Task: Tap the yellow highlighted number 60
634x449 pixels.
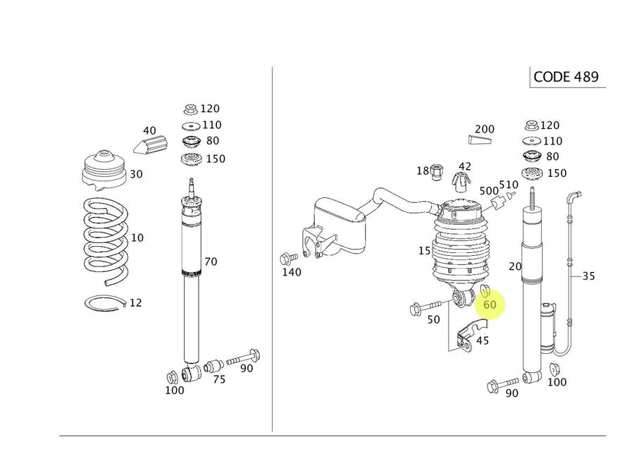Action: pos(490,305)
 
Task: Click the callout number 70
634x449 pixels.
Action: pos(211,262)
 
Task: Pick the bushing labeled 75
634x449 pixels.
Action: pos(213,366)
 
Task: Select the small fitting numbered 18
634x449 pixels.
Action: pos(437,172)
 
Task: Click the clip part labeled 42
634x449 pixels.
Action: pos(461,181)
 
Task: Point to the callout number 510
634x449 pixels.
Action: pos(509,185)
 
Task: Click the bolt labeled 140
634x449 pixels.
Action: pos(286,259)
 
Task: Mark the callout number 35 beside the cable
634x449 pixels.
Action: pos(588,276)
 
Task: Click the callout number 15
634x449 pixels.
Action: pos(424,251)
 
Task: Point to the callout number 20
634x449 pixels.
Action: pos(516,266)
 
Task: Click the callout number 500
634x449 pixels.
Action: pos(489,190)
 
